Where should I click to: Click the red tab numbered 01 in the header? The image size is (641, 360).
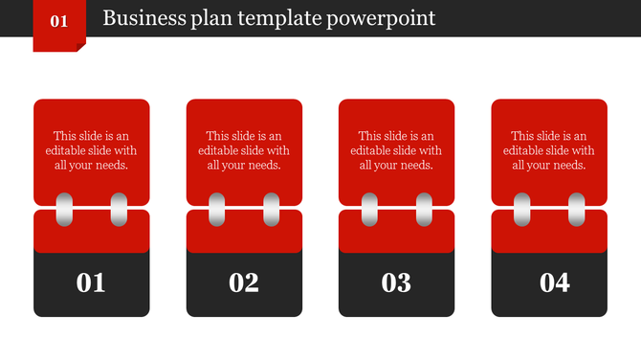tap(58, 21)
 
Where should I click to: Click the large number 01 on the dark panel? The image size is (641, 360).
tap(91, 282)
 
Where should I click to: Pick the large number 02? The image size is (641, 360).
tap(244, 282)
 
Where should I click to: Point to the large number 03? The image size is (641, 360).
tap(396, 282)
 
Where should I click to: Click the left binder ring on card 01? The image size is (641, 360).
tap(64, 210)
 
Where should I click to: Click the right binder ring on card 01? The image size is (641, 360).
tap(119, 210)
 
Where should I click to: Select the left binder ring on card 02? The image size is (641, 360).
tap(217, 210)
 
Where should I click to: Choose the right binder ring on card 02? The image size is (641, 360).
tap(272, 210)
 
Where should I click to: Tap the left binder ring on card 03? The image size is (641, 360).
tap(369, 210)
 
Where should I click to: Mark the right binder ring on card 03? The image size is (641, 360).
tap(424, 210)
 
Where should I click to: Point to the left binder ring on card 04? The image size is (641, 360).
tap(522, 210)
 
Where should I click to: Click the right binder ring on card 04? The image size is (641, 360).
tap(577, 210)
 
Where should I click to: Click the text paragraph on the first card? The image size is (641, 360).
tap(91, 150)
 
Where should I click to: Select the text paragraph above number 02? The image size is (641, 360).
tap(244, 150)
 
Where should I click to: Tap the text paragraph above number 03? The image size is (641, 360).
tap(396, 150)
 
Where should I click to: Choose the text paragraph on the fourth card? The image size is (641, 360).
tap(549, 150)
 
